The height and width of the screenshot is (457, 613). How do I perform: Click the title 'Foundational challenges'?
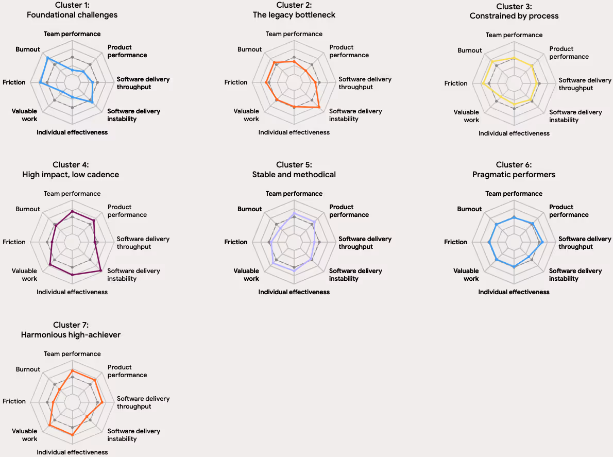click(72, 15)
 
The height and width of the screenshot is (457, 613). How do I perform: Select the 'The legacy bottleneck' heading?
click(294, 15)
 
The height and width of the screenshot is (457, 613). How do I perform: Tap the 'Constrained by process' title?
click(514, 16)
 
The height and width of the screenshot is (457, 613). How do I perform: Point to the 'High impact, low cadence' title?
click(71, 175)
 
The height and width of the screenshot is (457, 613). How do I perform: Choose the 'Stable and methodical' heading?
click(294, 175)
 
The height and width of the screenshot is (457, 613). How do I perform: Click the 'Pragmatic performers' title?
click(514, 175)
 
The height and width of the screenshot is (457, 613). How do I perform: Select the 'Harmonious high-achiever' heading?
click(71, 335)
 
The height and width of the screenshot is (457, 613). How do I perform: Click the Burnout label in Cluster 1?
click(28, 49)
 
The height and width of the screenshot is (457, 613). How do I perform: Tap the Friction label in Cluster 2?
click(236, 82)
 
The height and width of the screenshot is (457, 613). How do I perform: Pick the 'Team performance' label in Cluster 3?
click(514, 35)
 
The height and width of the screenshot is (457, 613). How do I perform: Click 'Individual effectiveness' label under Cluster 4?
click(72, 292)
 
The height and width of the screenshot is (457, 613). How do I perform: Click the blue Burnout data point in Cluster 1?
click(47, 58)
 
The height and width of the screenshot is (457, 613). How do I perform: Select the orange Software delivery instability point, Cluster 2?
click(319, 107)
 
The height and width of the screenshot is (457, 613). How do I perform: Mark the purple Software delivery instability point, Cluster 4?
click(101, 270)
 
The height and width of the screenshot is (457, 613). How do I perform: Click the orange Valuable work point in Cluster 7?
click(50, 425)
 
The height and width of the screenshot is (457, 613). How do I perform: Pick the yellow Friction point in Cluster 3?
click(483, 83)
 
